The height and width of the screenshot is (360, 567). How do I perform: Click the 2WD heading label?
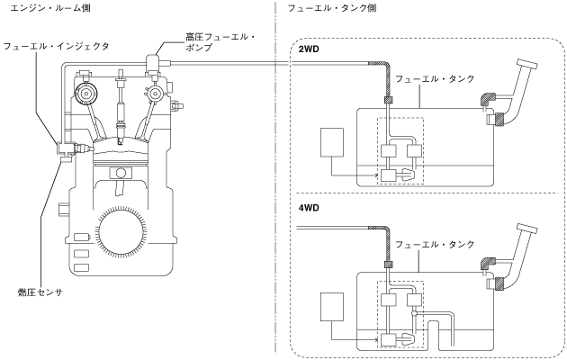pos(309,49)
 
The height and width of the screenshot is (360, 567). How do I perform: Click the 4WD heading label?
pos(309,208)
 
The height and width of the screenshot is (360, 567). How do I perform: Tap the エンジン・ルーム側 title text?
pos(50,7)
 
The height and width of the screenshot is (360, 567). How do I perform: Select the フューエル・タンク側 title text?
pos(331,7)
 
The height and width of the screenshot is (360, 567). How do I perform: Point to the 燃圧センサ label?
pos(40,292)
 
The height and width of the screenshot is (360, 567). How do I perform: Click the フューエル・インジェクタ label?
pos(56,46)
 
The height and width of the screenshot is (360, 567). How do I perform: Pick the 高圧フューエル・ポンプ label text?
pos(220,42)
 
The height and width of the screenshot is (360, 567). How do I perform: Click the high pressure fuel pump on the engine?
pos(155,64)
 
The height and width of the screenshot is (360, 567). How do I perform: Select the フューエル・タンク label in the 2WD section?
pos(435,79)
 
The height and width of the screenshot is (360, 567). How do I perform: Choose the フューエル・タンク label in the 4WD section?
pos(435,244)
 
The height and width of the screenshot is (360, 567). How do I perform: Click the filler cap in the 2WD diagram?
pos(527,64)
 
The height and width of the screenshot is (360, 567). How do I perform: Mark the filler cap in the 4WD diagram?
pos(527,229)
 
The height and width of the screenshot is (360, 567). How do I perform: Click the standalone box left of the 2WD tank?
pos(332,142)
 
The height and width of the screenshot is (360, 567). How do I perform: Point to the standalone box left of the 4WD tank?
pos(332,307)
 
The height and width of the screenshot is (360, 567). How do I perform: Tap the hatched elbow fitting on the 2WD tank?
pos(488,99)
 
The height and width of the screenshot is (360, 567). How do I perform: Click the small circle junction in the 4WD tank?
pos(414,313)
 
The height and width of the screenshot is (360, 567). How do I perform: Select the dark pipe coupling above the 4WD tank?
pos(388,265)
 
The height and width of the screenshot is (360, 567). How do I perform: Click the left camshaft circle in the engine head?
pos(86,94)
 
